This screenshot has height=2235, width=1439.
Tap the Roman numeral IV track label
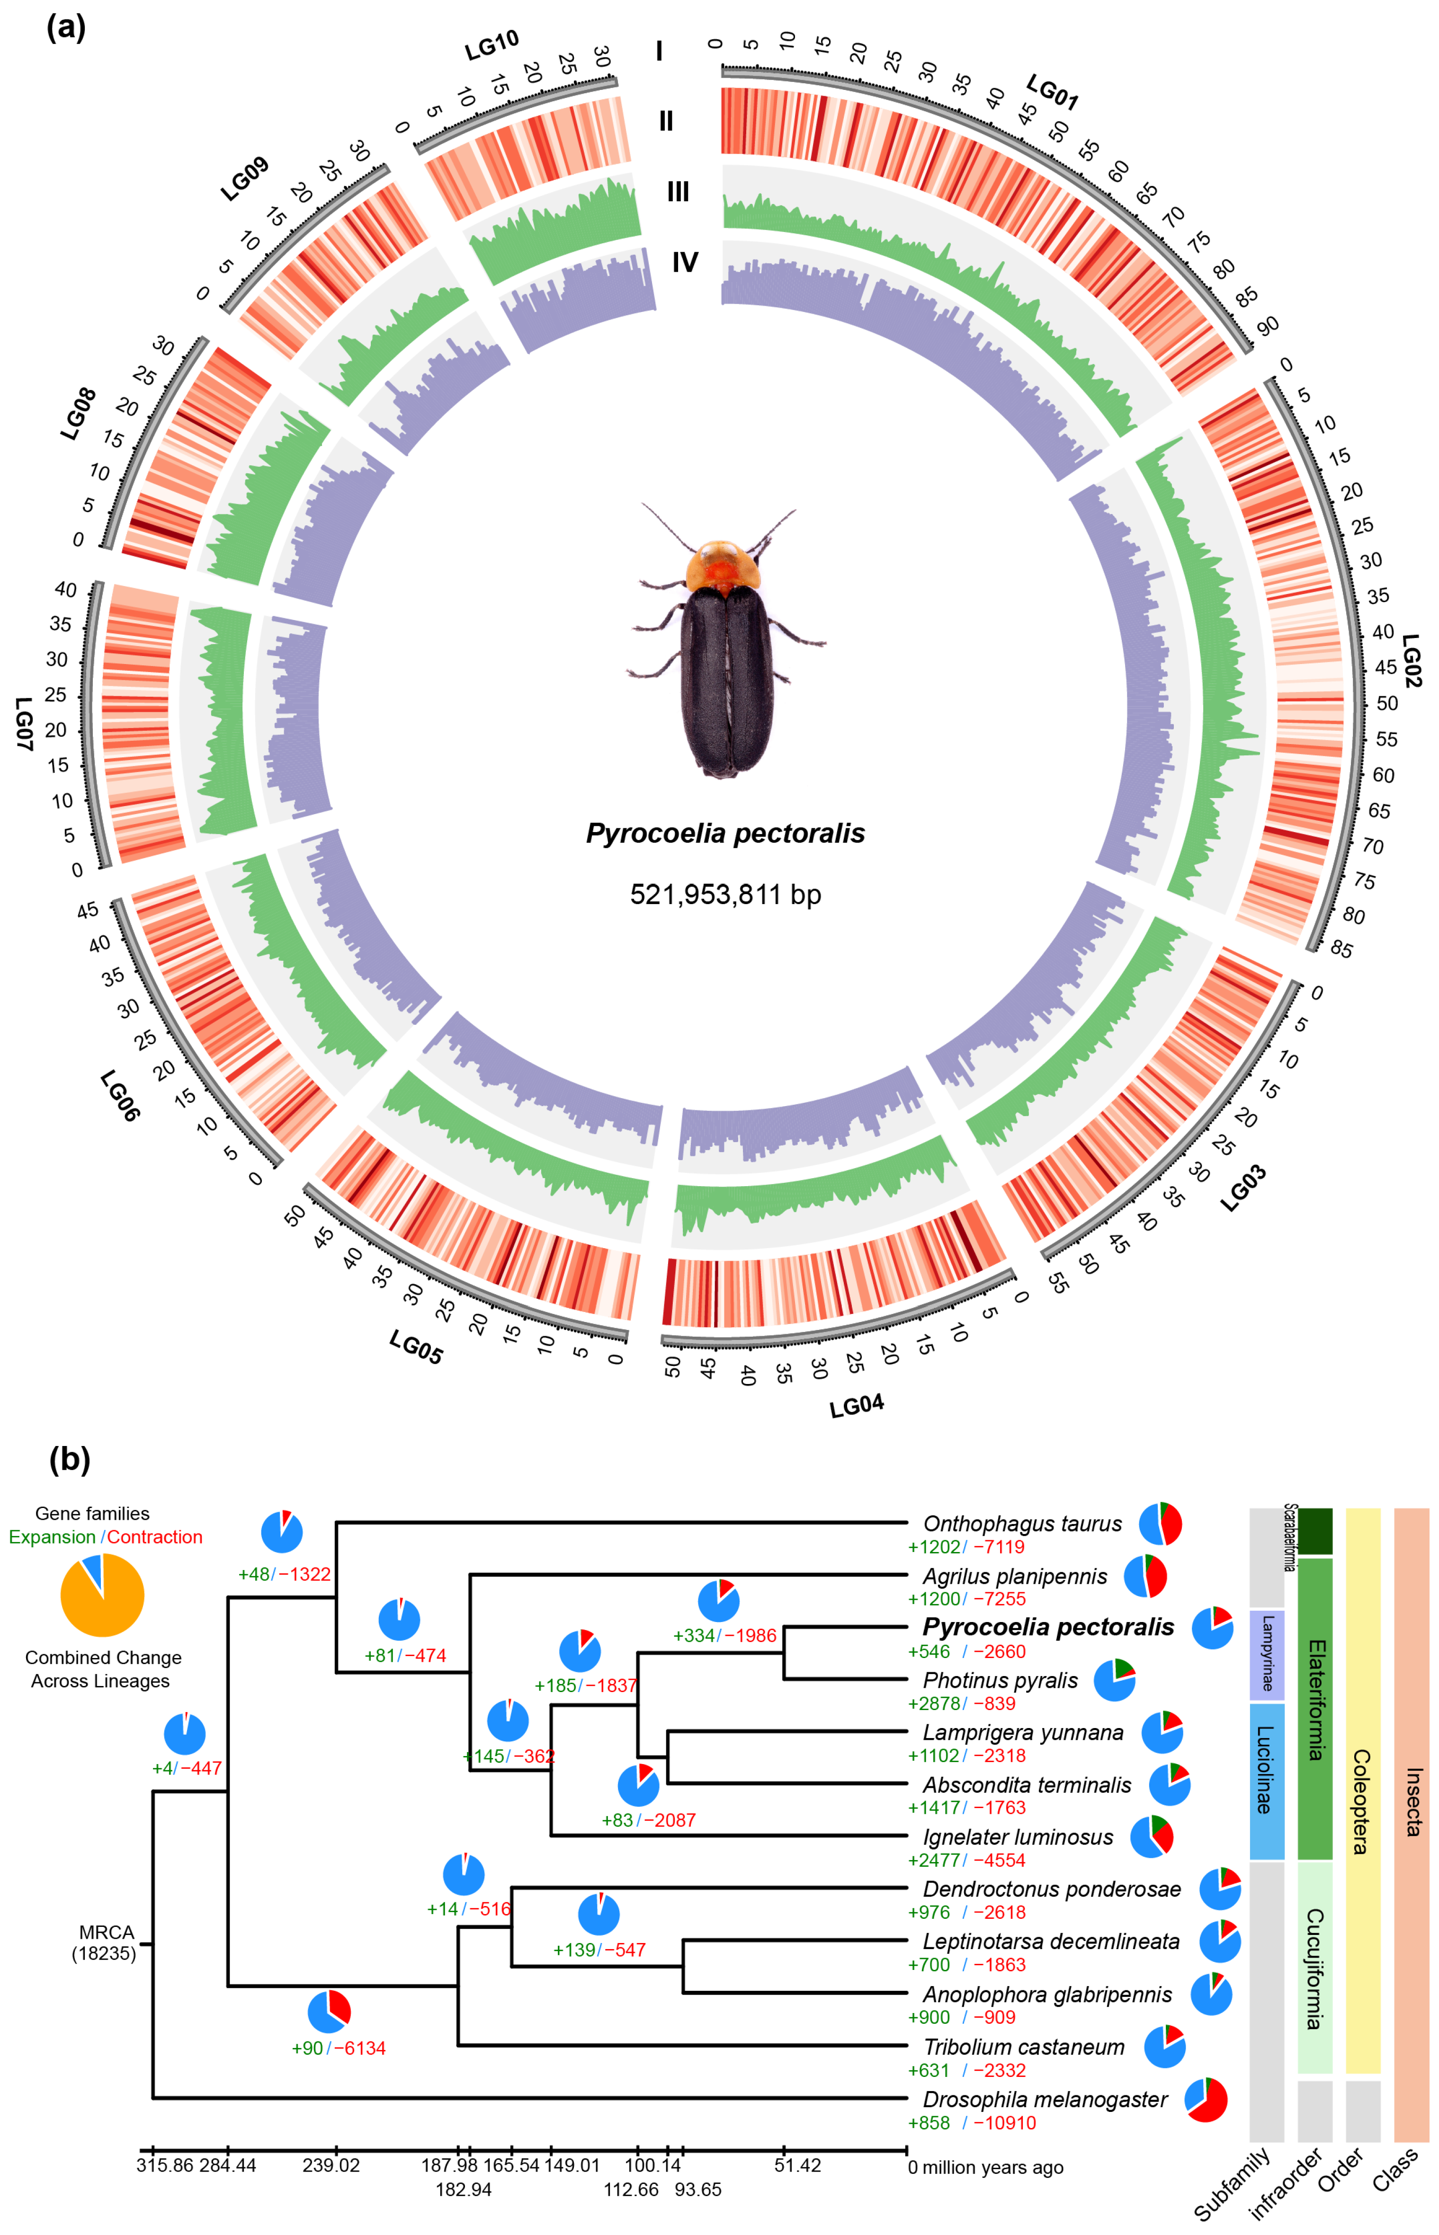tap(685, 262)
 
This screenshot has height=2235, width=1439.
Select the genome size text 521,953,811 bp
tap(725, 895)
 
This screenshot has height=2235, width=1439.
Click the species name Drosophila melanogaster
tap(1045, 2100)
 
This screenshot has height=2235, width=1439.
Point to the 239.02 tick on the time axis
tap(332, 2165)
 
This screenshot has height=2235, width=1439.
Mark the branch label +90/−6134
tap(338, 2048)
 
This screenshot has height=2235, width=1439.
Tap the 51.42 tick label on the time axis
tap(797, 2165)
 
